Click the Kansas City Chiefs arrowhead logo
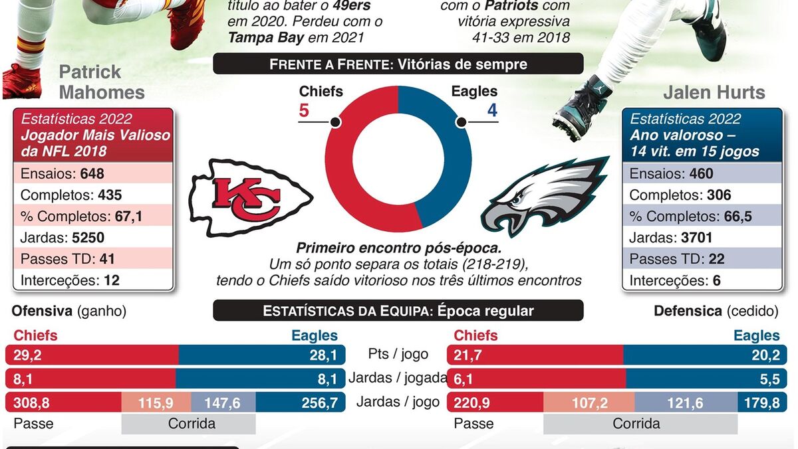tap(249, 198)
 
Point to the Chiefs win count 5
tap(304, 110)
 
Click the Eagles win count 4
tap(492, 110)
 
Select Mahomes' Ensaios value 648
tap(92, 174)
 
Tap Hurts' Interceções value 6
tap(716, 280)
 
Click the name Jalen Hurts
tap(714, 92)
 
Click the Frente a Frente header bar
tap(398, 64)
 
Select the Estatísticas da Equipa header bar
tap(398, 311)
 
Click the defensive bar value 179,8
tap(765, 402)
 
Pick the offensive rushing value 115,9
tap(156, 402)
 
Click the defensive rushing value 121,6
tap(686, 402)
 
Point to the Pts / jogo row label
tap(398, 355)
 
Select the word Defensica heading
tap(688, 311)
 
